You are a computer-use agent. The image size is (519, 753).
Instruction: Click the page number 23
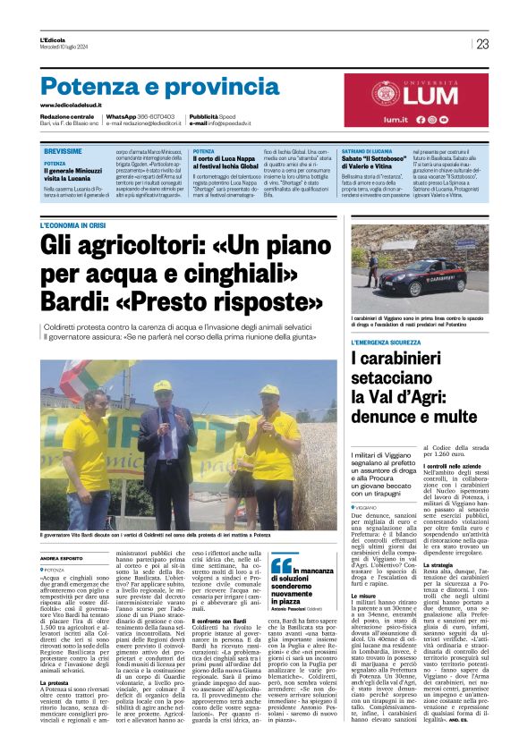coord(482,44)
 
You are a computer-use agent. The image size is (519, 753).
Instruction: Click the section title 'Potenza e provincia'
coord(148,87)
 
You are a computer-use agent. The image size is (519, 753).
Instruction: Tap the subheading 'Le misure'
coord(364,594)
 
